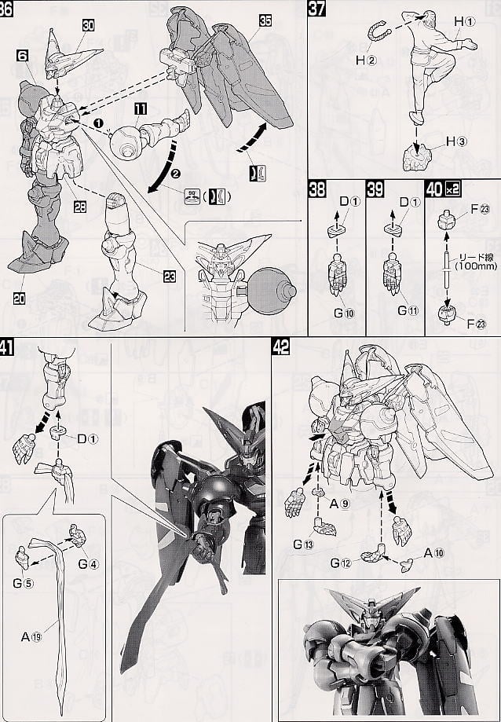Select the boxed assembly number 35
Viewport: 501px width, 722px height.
coord(265,22)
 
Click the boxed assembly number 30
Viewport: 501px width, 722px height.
coord(88,25)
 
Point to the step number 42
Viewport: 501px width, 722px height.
coord(281,345)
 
